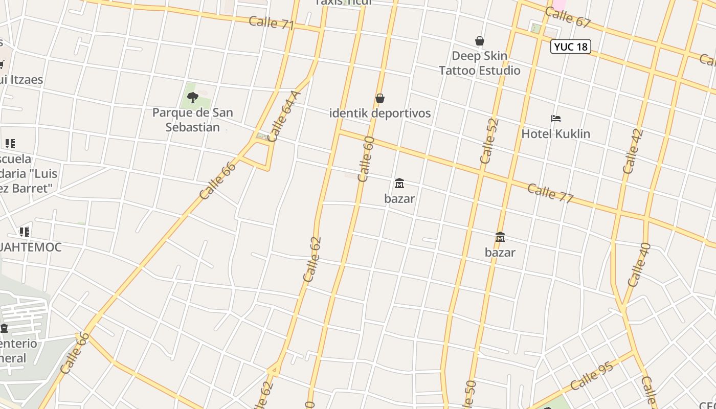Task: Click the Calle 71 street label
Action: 271,23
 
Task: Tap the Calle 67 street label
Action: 568,18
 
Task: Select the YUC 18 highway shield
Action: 571,47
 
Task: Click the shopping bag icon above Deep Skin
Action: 480,41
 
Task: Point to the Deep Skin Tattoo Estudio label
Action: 480,63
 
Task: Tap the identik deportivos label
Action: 380,113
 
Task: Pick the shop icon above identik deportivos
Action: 380,98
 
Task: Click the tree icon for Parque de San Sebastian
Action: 192,97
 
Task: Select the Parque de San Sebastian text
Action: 193,120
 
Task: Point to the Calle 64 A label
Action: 284,116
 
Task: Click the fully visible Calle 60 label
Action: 366,159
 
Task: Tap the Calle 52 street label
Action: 489,141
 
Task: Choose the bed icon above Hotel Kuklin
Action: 556,119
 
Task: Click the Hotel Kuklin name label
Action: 556,134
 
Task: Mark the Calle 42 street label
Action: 633,151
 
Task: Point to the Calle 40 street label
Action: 639,264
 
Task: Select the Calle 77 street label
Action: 550,193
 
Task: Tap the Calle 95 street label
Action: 592,377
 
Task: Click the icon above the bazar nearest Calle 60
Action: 399,183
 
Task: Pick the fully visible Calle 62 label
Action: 312,259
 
